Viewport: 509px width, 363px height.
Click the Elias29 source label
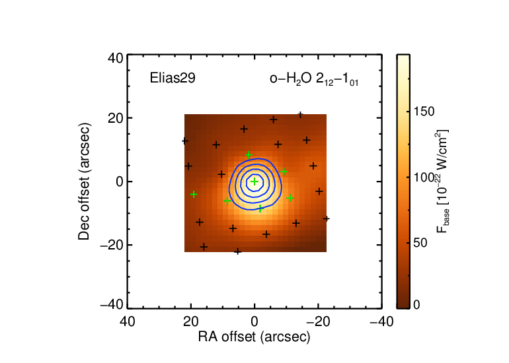tap(173, 78)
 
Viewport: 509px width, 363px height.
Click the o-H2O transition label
tap(314, 79)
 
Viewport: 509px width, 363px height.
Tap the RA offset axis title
tap(255, 337)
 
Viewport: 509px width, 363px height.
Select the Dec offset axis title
tap(84, 181)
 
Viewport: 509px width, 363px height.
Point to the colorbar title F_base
tap(442, 181)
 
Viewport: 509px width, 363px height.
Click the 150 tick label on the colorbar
tap(424, 112)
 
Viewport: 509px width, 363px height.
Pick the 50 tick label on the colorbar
tap(420, 243)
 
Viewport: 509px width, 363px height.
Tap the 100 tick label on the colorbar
tap(424, 178)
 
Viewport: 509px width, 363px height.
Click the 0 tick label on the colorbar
tap(417, 305)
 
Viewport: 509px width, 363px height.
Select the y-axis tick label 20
tap(116, 118)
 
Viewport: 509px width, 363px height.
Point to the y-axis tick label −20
tap(112, 245)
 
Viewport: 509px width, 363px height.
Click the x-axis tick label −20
tap(318, 321)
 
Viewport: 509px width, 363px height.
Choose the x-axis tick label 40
tap(127, 321)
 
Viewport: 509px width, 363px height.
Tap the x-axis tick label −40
tap(382, 321)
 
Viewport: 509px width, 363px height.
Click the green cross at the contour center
tap(255, 181)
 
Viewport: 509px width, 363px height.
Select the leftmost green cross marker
tap(194, 195)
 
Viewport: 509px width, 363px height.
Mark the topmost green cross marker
tap(249, 155)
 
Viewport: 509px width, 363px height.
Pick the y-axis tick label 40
tap(116, 59)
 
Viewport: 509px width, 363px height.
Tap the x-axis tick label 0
tap(255, 321)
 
